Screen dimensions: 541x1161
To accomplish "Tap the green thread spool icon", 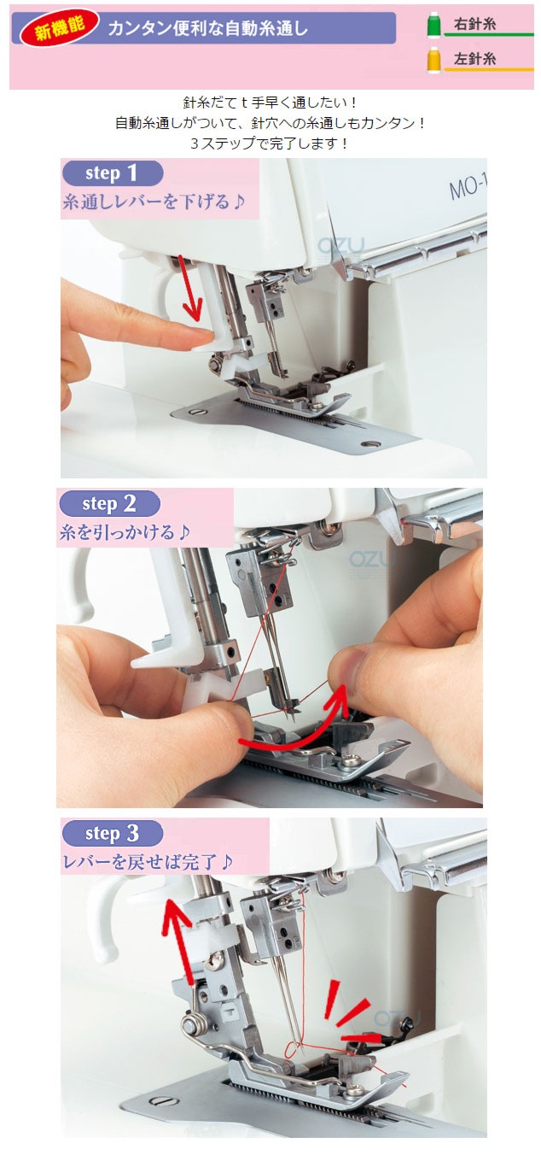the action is [x=433, y=25].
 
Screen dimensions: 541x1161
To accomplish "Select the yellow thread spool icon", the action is [x=433, y=59].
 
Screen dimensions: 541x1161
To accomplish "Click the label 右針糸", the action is [x=474, y=24].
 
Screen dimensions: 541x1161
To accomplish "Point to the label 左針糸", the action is [x=474, y=59].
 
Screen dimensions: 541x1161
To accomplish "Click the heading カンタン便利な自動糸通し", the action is [x=207, y=28].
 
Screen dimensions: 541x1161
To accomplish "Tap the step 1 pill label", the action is [x=113, y=173].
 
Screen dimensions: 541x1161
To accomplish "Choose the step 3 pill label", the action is [x=113, y=834].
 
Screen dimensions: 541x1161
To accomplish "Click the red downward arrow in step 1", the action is [x=189, y=287].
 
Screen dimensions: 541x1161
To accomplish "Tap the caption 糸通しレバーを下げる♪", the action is [x=154, y=201].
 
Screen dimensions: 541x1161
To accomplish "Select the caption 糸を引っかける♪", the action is [x=125, y=531].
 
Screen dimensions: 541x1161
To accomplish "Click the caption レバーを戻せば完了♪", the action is [x=148, y=861].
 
